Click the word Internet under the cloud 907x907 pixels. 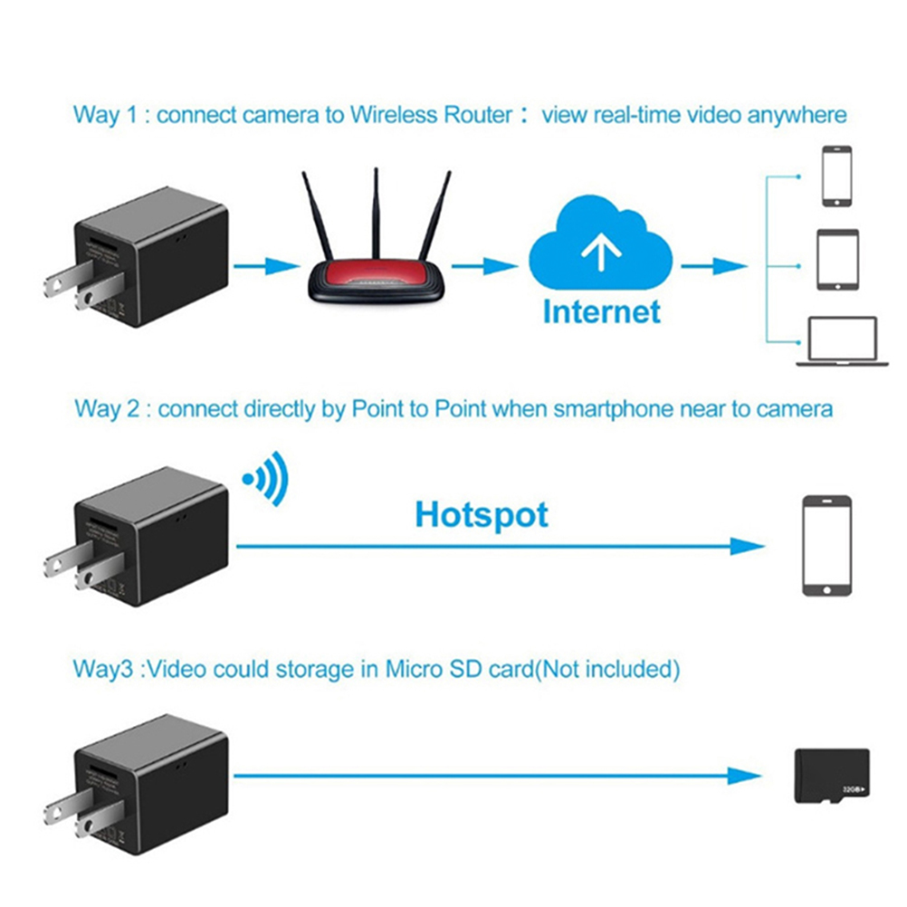pyautogui.click(x=601, y=311)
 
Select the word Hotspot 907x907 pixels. pyautogui.click(x=482, y=514)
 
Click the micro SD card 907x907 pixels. pyautogui.click(x=830, y=776)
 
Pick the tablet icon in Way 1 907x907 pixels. pyautogui.click(x=836, y=260)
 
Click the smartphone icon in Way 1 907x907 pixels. pyautogui.click(x=836, y=177)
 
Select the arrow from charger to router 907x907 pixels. pyautogui.click(x=266, y=265)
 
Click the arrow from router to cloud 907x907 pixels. pyautogui.click(x=484, y=265)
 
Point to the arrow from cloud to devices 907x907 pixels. pyautogui.click(x=715, y=265)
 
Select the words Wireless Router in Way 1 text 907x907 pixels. pyautogui.click(x=432, y=115)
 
